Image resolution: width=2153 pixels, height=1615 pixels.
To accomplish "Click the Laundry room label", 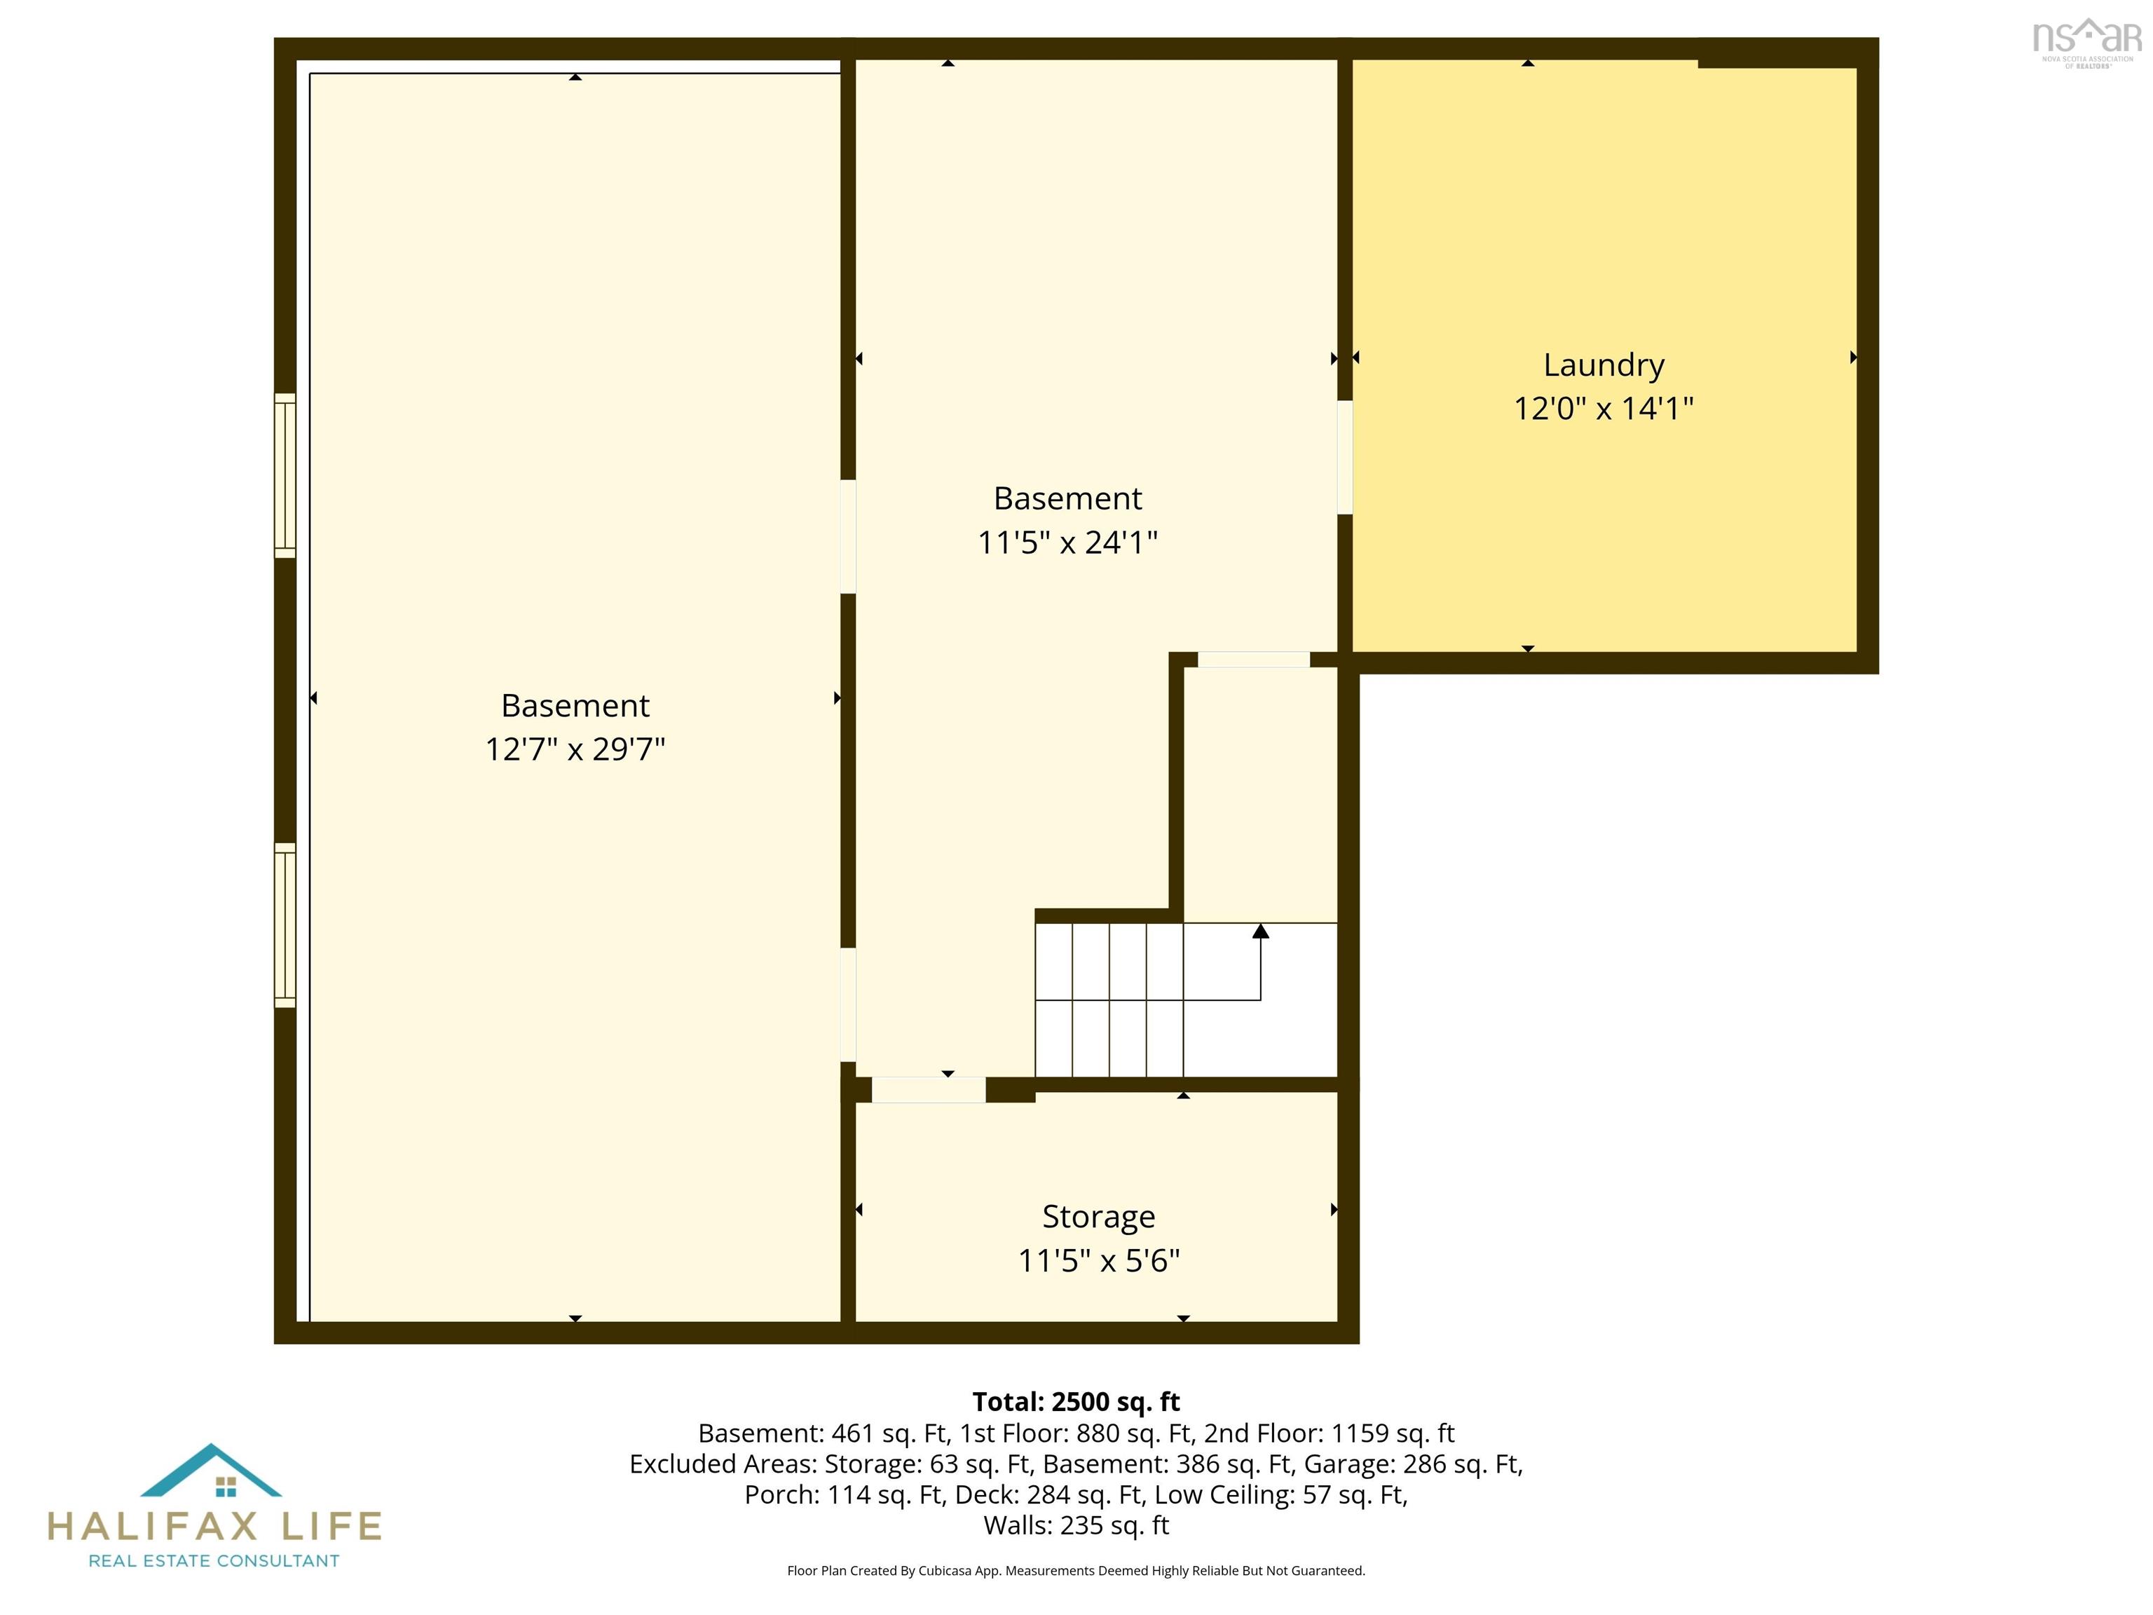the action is point(1603,365).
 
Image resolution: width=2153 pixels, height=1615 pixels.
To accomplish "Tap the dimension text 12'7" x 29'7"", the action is point(575,749).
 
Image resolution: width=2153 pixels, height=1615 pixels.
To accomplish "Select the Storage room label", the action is point(1099,1217).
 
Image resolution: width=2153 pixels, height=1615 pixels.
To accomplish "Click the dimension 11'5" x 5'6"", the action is point(1099,1260).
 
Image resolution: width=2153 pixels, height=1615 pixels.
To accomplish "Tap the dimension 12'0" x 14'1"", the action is point(1603,408).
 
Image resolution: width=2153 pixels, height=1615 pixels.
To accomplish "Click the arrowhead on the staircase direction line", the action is point(1260,931).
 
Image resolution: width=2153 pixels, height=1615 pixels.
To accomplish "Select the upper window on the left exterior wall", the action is point(285,475).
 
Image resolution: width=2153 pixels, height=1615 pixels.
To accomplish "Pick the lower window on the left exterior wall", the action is point(285,925).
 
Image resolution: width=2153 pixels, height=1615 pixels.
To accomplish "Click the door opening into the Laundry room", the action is point(1344,458).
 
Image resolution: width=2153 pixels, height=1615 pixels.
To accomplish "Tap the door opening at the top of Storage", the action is point(929,1089).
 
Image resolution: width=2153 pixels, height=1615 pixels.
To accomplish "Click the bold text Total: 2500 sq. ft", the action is point(1076,1402).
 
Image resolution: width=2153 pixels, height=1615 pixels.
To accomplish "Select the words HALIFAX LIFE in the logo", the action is point(214,1525).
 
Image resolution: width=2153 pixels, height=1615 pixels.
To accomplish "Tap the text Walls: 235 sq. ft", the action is point(1076,1525).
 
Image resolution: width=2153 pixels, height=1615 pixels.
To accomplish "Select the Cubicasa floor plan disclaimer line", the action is point(1076,1570).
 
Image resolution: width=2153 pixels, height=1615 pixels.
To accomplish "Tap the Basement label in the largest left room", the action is point(575,704).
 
